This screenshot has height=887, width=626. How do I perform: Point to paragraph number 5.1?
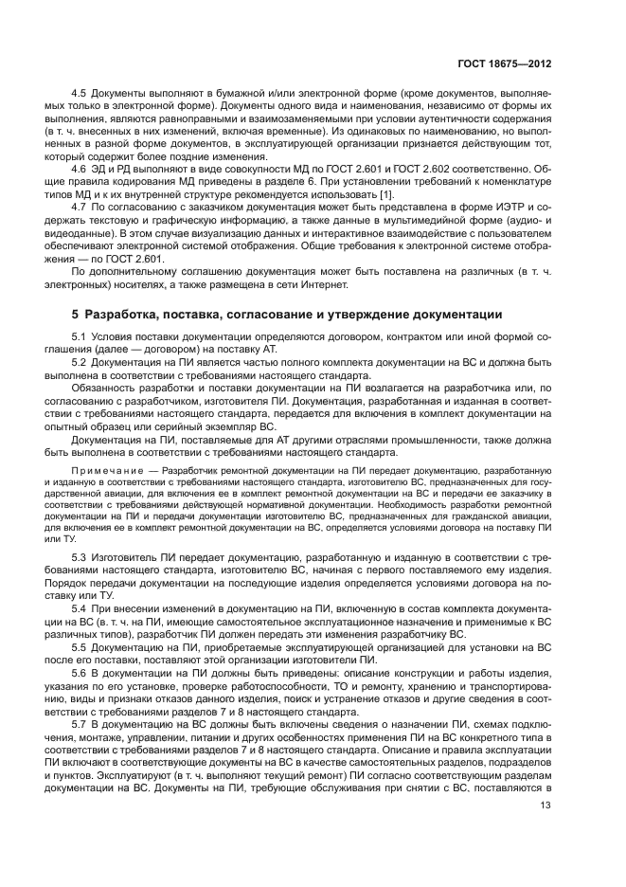pos(80,337)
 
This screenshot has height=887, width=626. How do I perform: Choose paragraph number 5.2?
pos(80,362)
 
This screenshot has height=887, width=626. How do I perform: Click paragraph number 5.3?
pos(80,558)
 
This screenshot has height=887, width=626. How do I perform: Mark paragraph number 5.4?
pos(80,607)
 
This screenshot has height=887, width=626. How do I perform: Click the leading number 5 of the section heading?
pos(75,315)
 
